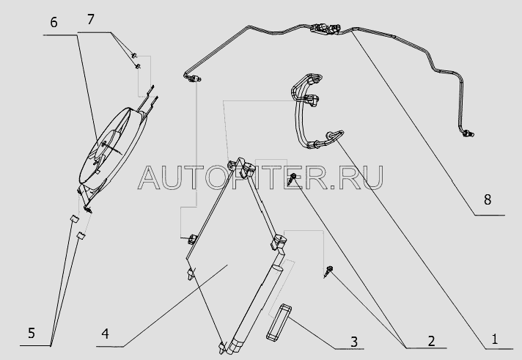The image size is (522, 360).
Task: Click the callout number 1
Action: [x=494, y=339]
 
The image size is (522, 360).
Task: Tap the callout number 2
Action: [x=431, y=341]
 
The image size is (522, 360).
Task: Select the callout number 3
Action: [x=354, y=342]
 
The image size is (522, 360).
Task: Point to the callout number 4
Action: [x=105, y=334]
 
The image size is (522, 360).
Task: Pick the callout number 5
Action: [x=32, y=333]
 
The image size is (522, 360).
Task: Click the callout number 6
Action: [x=54, y=22]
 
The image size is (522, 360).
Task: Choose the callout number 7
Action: [x=91, y=19]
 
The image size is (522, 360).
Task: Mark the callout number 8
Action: [x=488, y=200]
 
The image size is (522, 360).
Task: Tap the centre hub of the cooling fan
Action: [x=105, y=144]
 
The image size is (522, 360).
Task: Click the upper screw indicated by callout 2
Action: [x=293, y=178]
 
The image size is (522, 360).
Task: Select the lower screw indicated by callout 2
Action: [x=328, y=271]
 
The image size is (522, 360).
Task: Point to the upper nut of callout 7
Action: [x=134, y=55]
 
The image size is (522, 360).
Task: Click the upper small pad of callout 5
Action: [x=74, y=218]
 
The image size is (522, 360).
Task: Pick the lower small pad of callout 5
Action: [x=81, y=235]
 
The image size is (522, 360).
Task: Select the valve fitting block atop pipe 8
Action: [x=326, y=29]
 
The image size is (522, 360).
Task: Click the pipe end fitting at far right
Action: [x=468, y=133]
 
